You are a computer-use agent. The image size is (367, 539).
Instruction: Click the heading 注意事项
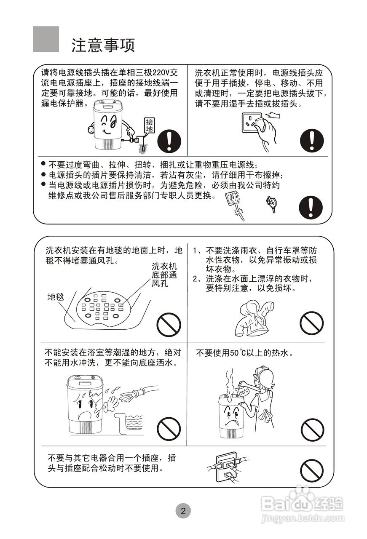103,45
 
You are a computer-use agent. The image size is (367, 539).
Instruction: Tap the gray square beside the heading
46,39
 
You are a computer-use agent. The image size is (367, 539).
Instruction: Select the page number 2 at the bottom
183,511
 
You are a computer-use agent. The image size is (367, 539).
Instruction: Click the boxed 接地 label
149,125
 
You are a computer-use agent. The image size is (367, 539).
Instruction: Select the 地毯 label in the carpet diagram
55,297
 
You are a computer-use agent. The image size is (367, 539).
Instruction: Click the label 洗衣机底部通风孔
164,275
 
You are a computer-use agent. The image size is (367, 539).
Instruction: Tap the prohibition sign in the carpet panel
169,325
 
